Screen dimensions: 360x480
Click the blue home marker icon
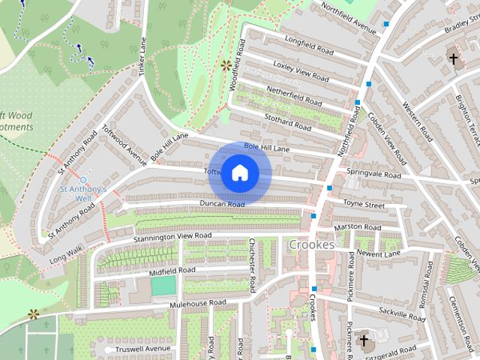click(x=239, y=173)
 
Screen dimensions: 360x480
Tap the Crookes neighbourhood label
click(x=311, y=245)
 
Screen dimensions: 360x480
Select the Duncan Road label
click(x=222, y=204)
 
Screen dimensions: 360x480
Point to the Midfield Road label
click(x=172, y=270)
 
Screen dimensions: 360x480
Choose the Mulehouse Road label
click(x=197, y=303)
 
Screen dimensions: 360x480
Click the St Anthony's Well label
click(x=83, y=190)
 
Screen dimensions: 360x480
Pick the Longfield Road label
click(x=309, y=45)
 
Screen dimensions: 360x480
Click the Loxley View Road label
click(x=301, y=71)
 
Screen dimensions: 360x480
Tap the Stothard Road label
click(x=288, y=121)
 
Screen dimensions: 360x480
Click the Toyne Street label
click(x=364, y=204)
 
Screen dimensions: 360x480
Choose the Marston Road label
click(x=358, y=226)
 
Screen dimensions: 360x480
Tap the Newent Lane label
click(x=379, y=253)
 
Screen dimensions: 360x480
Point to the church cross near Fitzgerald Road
click(x=364, y=342)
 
